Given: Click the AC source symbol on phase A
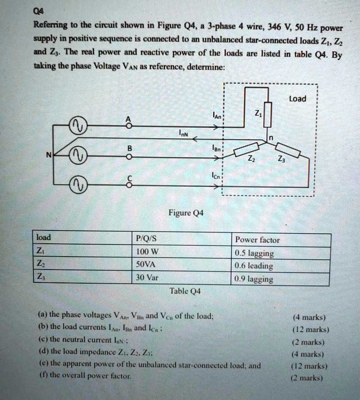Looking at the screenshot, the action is click(77, 126).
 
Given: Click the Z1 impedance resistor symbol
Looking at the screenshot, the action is click(267, 114).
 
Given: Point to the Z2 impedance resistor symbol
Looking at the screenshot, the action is click(246, 150).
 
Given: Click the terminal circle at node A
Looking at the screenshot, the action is click(129, 126).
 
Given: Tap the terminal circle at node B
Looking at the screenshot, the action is click(129, 157).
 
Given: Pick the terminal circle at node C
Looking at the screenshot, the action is click(129, 186).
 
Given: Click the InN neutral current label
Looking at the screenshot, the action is click(183, 134).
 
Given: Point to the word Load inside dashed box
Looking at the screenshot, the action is click(297, 98).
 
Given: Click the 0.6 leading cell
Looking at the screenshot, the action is click(254, 266).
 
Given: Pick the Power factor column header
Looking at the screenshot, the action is click(257, 240).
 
